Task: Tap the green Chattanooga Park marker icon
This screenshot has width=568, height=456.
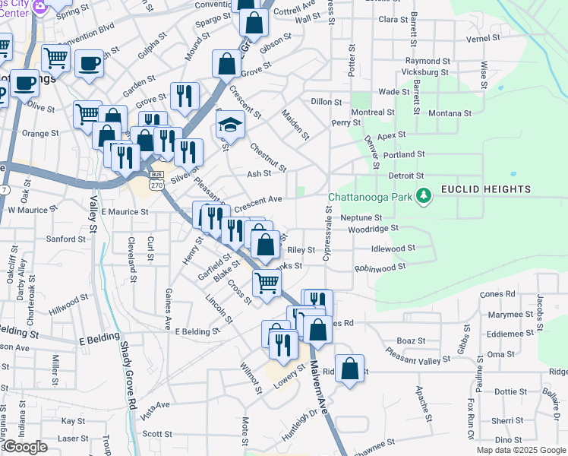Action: (424, 197)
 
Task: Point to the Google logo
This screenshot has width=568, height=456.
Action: (25, 447)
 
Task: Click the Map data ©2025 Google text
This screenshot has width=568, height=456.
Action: (521, 450)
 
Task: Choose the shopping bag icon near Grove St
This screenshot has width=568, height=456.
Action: (227, 64)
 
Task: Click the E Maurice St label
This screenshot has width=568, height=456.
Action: (124, 211)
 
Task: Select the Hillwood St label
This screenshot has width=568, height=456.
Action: (69, 304)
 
